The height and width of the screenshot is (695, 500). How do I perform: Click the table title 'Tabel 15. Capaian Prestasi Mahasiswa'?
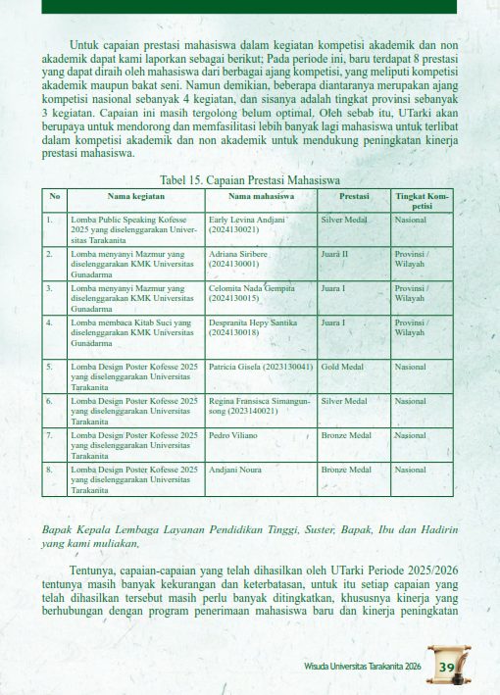[249, 180]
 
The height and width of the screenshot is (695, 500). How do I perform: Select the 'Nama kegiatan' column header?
[135, 196]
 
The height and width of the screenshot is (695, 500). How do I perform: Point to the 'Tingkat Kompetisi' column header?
[422, 201]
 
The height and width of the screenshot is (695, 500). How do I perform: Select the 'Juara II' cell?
[335, 253]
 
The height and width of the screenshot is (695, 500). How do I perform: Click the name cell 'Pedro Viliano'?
[232, 433]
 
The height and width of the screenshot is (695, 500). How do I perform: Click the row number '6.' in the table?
[49, 400]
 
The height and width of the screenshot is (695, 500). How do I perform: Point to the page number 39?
[448, 668]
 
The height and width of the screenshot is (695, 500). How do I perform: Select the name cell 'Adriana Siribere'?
[241, 258]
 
